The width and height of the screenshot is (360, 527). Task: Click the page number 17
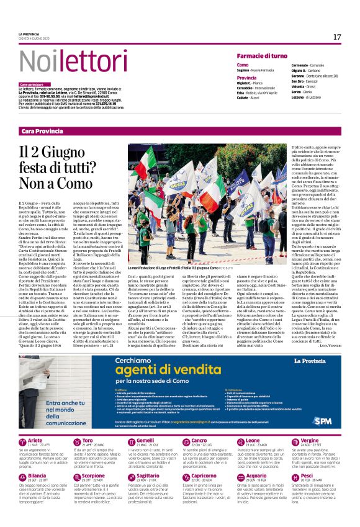click(337, 37)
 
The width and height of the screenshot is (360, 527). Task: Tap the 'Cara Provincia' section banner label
click(43, 131)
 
